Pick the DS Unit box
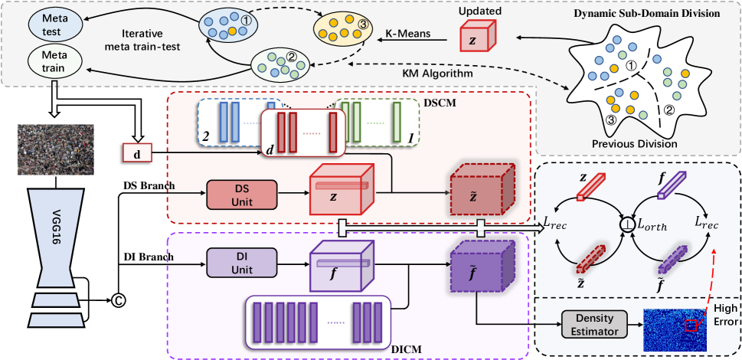click(243, 195)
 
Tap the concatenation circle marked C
click(118, 299)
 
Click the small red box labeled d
click(137, 154)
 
